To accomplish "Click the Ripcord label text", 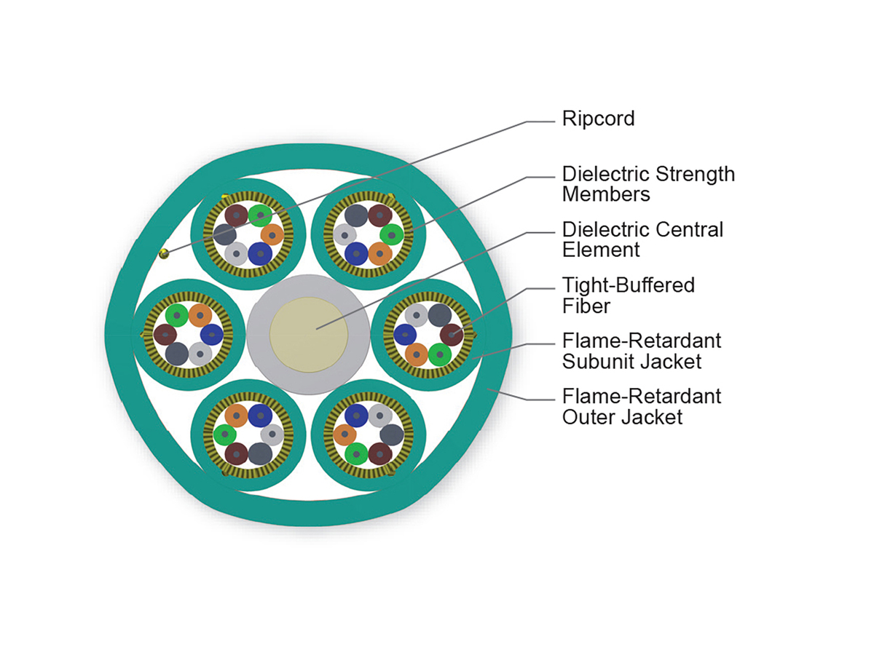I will coord(598,119).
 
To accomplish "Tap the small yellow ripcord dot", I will coord(165,253).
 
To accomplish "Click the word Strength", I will coord(696,175).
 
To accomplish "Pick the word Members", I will coord(606,194).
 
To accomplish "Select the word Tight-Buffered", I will coord(629,285).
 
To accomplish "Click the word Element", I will coord(601,250).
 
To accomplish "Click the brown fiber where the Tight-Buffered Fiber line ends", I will coord(452,335).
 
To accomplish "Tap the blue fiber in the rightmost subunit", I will coord(405,335).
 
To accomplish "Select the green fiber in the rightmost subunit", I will coord(439,354).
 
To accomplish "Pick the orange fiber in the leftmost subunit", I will coord(200,315).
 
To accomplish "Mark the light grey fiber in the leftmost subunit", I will coord(200,354).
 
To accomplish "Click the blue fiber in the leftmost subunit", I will coord(211,335).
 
